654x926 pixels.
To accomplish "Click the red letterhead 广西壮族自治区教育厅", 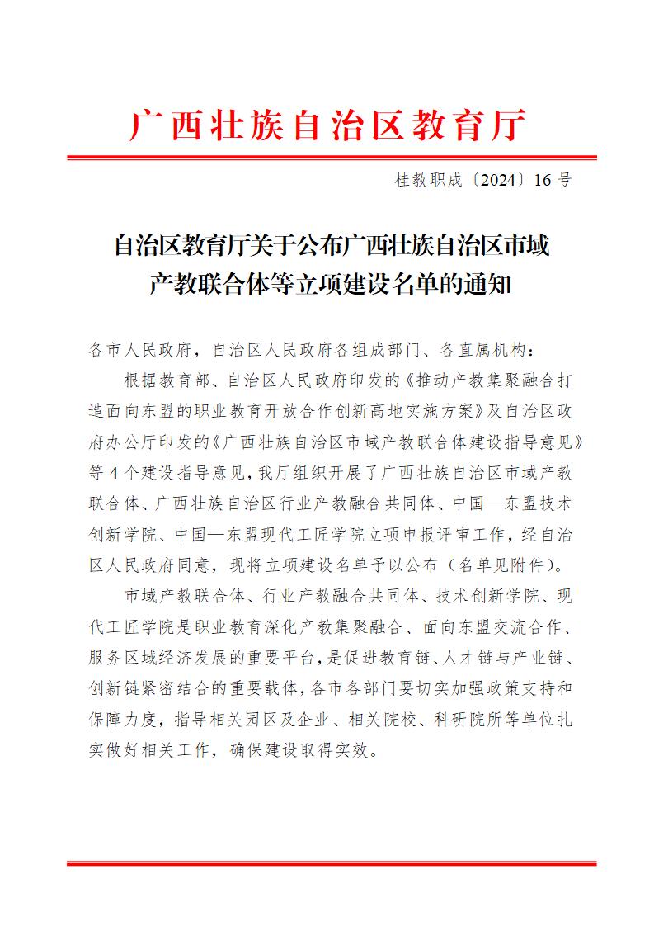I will pos(327,126).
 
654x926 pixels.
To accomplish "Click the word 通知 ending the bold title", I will pos(495,286).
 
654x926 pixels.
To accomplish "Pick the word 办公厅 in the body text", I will pos(142,442).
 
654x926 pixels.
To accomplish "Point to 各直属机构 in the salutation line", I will pos(493,350).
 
